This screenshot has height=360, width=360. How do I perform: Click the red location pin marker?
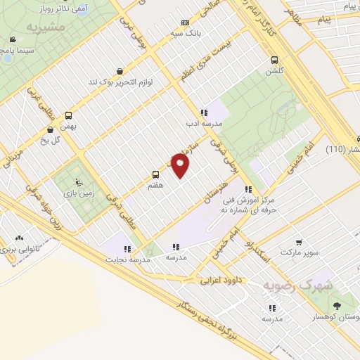181,165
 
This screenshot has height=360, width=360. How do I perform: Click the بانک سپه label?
185,33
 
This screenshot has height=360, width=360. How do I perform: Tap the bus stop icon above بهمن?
68,115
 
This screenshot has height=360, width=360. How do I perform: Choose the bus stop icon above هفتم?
155,174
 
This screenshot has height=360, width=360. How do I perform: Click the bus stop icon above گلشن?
274,60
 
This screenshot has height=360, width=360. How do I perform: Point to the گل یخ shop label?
50,139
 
